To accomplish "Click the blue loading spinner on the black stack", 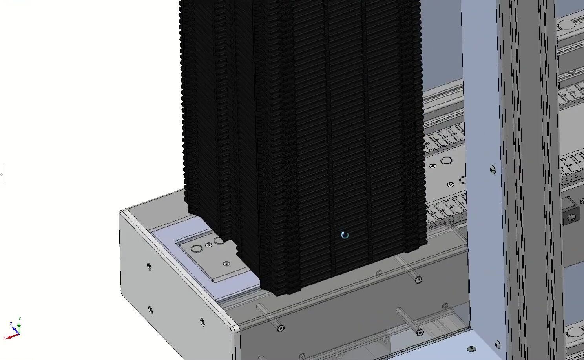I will (345, 235).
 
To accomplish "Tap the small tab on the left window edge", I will (2, 174).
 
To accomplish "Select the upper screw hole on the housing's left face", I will (150, 267).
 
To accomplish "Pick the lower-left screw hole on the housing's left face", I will (150, 310).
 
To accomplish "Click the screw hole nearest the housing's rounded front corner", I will (203, 322).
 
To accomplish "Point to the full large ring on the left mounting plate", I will (196, 249).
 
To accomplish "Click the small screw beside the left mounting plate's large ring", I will (209, 245).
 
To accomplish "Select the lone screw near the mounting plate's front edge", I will (226, 264).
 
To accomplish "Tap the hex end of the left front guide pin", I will (281, 328).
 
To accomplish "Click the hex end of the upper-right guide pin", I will (419, 280).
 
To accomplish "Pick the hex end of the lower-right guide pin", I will (420, 333).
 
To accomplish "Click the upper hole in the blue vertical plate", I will (493, 169).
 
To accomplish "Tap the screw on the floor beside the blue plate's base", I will (471, 349).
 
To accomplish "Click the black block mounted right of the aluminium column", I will (571, 214).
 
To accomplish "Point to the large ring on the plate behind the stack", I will (446, 160).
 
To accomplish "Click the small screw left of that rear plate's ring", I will (433, 166).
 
